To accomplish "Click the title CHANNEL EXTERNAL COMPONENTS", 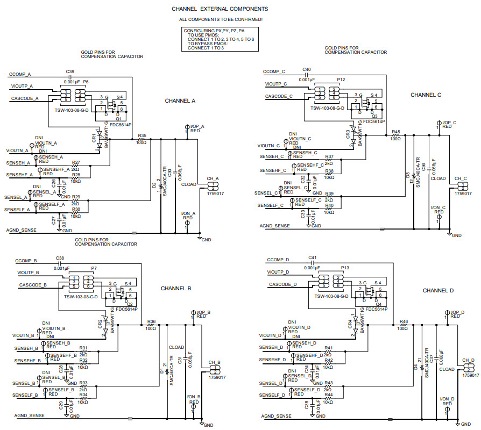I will pyautogui.click(x=220, y=9).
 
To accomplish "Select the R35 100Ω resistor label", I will pyautogui.click(x=142, y=135).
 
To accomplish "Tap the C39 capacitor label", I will pyautogui.click(x=70, y=71).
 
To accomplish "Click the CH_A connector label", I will pyautogui.click(x=213, y=178).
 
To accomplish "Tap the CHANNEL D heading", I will pyautogui.click(x=438, y=290).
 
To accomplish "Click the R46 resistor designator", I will pyautogui.click(x=404, y=321).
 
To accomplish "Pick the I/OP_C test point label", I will pyautogui.click(x=448, y=123).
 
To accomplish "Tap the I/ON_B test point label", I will pyautogui.click(x=194, y=397).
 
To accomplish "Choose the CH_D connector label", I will pyautogui.click(x=468, y=361).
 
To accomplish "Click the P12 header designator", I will pyautogui.click(x=341, y=79).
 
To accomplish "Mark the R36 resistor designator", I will pyautogui.click(x=151, y=321).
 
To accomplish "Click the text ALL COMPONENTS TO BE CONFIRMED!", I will pyautogui.click(x=221, y=19).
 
